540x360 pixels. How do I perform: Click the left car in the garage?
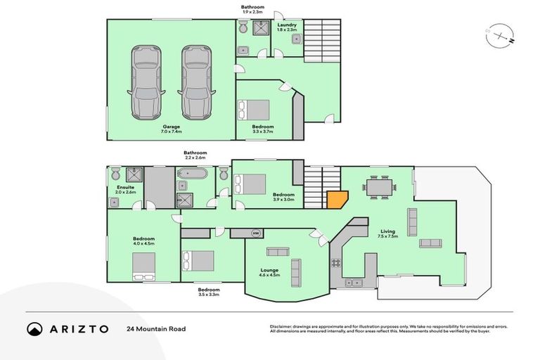(x=146, y=83)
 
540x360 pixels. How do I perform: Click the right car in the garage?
(x=196, y=83)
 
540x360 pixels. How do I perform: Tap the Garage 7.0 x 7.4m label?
(x=153, y=129)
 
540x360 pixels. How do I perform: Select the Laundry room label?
(x=287, y=27)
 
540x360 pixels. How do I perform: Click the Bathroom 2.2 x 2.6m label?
(x=195, y=155)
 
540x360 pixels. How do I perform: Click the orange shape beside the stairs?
(x=336, y=200)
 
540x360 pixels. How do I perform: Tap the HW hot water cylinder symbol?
(x=256, y=233)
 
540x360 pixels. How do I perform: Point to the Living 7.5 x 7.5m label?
(x=388, y=233)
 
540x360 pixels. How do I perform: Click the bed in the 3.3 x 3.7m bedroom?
(x=252, y=110)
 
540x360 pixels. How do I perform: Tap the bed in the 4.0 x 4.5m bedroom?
(x=144, y=266)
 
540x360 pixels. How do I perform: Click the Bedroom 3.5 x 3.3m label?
(x=209, y=292)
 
